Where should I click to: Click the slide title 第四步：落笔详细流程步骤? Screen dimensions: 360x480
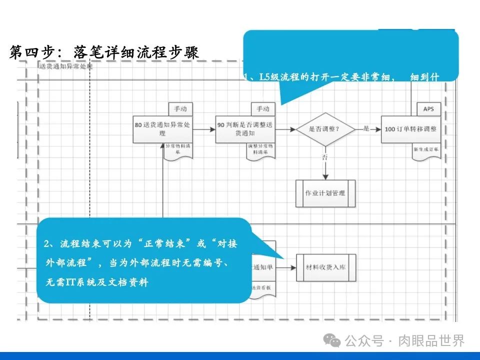point(104,52)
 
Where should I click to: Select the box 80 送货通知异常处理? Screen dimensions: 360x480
point(163,129)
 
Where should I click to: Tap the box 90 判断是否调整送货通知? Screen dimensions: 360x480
point(245,129)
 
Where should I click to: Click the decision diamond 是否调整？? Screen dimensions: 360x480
point(325,129)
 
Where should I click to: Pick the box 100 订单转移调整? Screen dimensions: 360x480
point(410,129)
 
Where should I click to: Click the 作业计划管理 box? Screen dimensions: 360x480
point(325,193)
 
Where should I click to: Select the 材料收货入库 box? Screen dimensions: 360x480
point(325,267)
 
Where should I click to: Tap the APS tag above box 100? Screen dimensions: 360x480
point(428,108)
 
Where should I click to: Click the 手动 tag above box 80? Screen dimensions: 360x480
point(180,108)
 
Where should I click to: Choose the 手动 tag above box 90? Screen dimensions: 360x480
point(262,108)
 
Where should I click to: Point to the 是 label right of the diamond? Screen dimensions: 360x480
point(366,128)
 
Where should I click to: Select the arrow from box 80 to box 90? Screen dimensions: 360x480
point(204,129)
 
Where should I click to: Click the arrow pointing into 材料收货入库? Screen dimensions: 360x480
point(286,267)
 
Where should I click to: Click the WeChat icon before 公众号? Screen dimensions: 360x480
point(331,341)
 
